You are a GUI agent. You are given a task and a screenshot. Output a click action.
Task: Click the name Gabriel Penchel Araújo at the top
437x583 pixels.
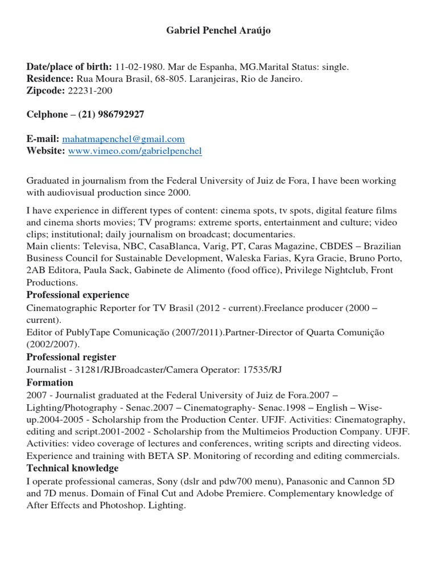(218, 31)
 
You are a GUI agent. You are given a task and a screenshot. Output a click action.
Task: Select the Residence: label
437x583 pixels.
(50, 79)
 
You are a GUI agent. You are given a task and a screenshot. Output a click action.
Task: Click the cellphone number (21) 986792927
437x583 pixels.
(107, 114)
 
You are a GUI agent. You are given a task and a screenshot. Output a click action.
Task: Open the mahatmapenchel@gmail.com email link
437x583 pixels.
(123, 139)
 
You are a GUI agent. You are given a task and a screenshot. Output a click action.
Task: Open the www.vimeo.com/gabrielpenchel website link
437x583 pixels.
(135, 151)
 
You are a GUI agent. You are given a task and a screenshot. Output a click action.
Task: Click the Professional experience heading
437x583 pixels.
(78, 295)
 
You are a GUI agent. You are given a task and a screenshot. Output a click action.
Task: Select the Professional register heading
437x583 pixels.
(71, 357)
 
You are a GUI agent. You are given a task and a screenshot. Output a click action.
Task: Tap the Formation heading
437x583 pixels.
(50, 383)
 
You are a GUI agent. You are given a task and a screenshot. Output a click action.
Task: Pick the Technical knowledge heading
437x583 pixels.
(73, 468)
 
